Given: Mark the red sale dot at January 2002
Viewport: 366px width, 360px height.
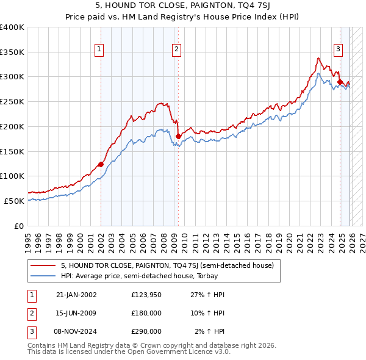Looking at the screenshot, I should click(101, 164).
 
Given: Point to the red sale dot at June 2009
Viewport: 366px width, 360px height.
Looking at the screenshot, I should click(178, 136).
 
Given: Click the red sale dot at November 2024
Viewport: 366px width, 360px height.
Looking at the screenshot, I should click(339, 81).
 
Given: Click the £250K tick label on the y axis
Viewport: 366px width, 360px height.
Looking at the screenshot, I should click(13, 101).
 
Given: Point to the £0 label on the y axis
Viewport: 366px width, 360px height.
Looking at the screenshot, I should click(19, 226).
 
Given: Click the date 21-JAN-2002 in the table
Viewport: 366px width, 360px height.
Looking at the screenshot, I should click(76, 295).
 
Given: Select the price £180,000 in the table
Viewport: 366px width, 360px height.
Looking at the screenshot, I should click(146, 313).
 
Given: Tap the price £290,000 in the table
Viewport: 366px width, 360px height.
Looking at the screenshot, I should click(146, 331).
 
